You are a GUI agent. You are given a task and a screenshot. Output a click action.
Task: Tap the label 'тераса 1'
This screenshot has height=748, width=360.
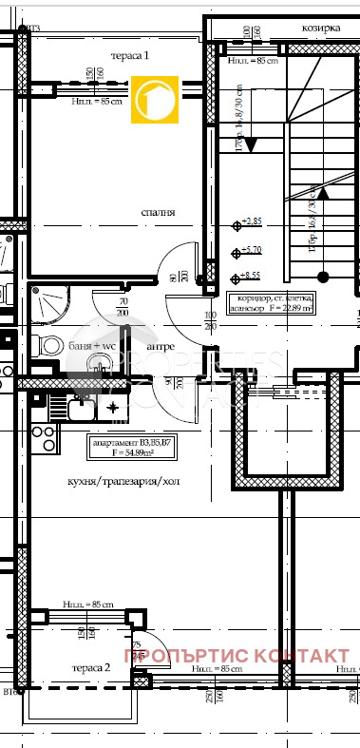(x=131, y=56)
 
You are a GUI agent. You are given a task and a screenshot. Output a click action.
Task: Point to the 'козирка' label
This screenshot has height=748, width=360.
(x=321, y=28)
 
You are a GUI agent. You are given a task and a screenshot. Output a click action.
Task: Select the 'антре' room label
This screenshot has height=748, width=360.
(x=159, y=347)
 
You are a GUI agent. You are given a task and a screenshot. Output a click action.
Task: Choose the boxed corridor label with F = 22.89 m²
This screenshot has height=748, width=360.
(x=271, y=303)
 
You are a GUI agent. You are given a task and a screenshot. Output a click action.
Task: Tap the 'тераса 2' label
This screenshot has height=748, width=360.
(x=91, y=668)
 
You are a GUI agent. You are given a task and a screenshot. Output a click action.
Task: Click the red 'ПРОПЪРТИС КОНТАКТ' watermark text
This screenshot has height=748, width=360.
(x=237, y=657)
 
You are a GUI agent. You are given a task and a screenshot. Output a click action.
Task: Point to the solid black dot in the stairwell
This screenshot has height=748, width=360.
(x=322, y=277)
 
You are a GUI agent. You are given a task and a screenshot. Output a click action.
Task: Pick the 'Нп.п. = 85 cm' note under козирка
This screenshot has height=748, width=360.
(x=253, y=62)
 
